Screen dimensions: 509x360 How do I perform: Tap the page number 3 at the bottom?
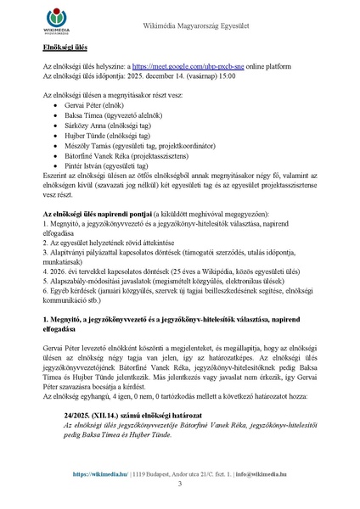pyautogui.click(x=180, y=484)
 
